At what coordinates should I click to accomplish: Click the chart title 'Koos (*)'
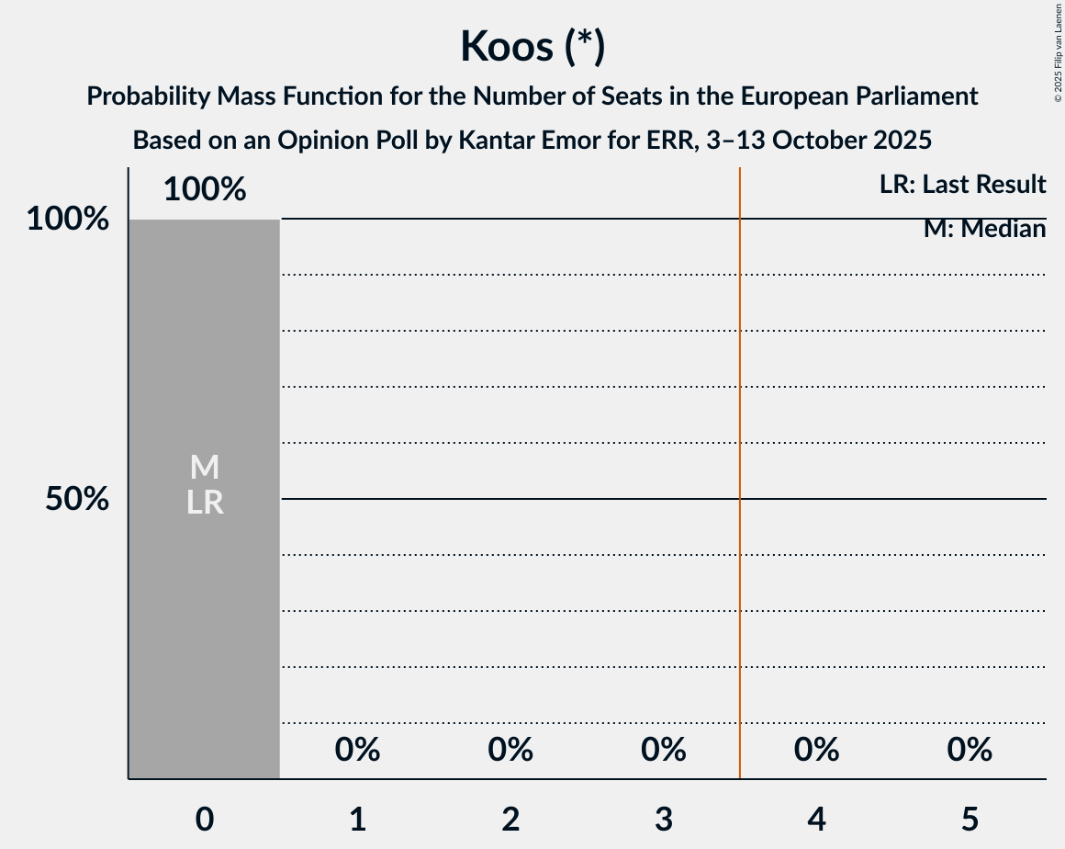(532, 46)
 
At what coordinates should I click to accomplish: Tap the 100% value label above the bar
(205, 189)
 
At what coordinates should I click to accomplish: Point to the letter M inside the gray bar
(205, 468)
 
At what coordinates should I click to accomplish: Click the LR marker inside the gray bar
(205, 502)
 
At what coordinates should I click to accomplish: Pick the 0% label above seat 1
(357, 750)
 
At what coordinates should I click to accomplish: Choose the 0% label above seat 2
(510, 750)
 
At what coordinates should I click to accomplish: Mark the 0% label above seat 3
(664, 750)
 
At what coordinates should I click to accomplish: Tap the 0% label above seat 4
(816, 750)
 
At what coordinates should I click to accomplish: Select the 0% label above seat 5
(970, 750)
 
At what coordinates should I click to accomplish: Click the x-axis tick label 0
(205, 819)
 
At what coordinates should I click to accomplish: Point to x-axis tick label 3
(664, 819)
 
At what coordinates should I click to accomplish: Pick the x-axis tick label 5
(970, 819)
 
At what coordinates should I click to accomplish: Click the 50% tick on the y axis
(77, 499)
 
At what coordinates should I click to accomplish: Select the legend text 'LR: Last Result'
(962, 185)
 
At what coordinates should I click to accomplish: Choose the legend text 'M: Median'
(984, 229)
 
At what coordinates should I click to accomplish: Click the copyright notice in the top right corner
(1058, 51)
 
